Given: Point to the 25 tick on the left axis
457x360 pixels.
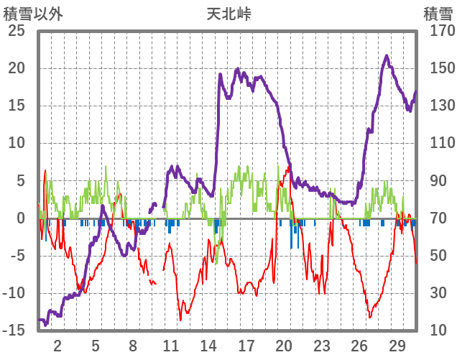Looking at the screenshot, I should [17, 32].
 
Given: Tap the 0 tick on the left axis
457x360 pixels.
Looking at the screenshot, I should [21, 218].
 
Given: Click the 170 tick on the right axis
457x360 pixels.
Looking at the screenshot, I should [437, 32].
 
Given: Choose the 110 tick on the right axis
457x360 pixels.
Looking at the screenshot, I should [437, 144].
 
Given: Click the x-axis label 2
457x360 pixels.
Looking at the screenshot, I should [57, 345].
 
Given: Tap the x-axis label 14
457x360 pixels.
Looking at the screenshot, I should [208, 345].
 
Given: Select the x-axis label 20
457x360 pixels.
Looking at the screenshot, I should [284, 345].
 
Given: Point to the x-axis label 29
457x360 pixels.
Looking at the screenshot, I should [397, 345].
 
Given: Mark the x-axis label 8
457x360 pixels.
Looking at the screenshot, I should [133, 345].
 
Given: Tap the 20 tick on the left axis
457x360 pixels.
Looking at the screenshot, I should [17, 69].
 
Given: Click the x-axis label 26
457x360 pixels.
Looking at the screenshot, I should [359, 345].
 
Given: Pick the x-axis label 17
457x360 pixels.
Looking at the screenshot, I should [246, 345].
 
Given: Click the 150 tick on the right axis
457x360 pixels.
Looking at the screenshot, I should [437, 69].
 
